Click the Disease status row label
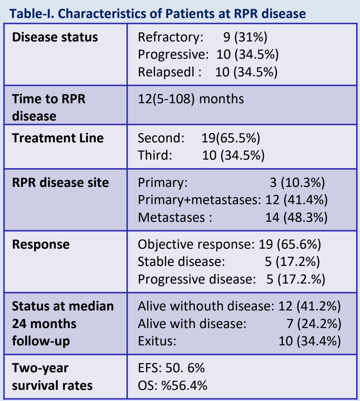pos(55,37)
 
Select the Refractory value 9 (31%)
pos(245,37)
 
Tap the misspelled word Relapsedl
pos(166,72)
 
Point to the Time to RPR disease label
pos(49,107)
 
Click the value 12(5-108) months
pos(191,99)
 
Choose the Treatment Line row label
pos(58,138)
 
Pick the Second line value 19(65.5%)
pos(231,138)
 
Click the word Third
pos(155,155)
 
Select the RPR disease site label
pos(60,183)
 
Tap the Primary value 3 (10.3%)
pos(297,183)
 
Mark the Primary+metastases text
pos(199,200)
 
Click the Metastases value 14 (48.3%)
pos(297,218)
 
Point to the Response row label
pos(41,244)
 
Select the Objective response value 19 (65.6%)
pos(290,244)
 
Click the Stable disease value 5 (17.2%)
pos(292,262)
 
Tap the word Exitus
pos(157,341)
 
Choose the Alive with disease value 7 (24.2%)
pos(314,324)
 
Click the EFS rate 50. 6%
pos(185,368)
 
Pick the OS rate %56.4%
pos(184,386)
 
